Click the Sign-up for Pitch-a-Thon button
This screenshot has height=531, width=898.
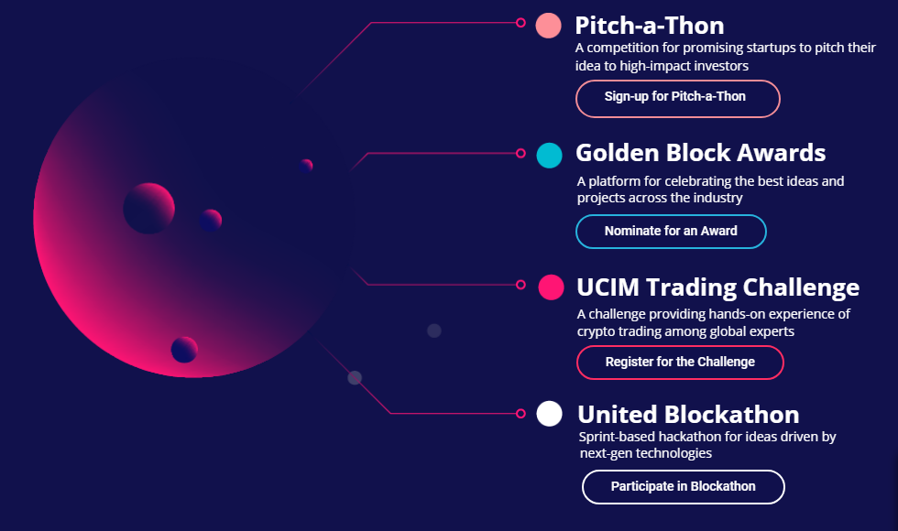677,99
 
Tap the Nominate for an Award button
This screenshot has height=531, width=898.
671,231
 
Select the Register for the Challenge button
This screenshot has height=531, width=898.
680,363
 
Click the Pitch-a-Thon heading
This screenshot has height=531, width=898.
650,26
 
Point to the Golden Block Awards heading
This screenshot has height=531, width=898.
700,153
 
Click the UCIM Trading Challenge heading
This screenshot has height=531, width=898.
718,287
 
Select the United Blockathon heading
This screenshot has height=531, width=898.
688,414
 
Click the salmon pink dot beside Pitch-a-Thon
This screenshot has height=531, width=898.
548,26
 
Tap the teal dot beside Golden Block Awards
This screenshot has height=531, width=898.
549,156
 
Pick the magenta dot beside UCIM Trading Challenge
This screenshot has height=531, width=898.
551,287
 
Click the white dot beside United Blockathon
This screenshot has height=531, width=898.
549,414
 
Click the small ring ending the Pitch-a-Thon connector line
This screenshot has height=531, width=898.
520,23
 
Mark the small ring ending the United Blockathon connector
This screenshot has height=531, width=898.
520,413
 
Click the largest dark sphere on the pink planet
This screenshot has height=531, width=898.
148,209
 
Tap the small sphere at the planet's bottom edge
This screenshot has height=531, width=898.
184,350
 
